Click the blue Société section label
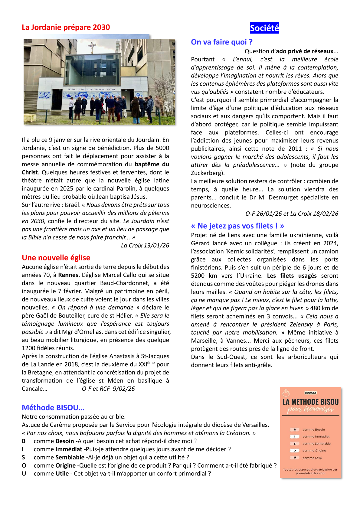coord(264,28)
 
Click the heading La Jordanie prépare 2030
coord(66,27)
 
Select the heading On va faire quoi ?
coord(221,42)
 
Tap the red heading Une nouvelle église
coord(56,258)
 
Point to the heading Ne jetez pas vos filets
coord(237,226)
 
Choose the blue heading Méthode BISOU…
coord(53,407)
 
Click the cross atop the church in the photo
coord(92,47)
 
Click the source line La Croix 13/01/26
coord(145,245)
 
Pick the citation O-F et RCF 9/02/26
coord(108,389)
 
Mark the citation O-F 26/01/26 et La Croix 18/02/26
coord(292,214)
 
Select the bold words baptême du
coord(152,164)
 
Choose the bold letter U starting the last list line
coord(24,474)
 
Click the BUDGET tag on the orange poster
coord(310,393)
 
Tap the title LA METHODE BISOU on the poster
coord(310,402)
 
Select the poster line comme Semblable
coord(316,444)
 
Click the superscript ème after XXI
coord(151,363)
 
